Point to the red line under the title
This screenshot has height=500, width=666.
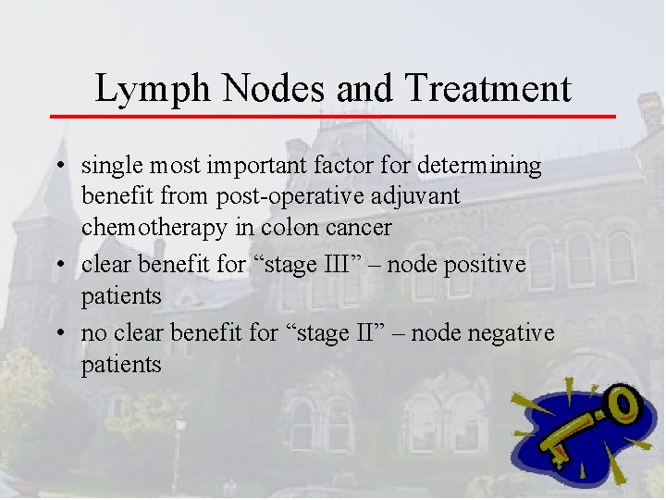pos(333,117)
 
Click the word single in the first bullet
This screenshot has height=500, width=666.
pos(109,167)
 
